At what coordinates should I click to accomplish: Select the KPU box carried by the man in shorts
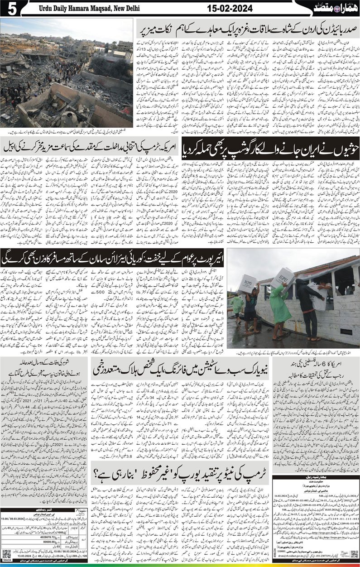click(248, 283)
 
